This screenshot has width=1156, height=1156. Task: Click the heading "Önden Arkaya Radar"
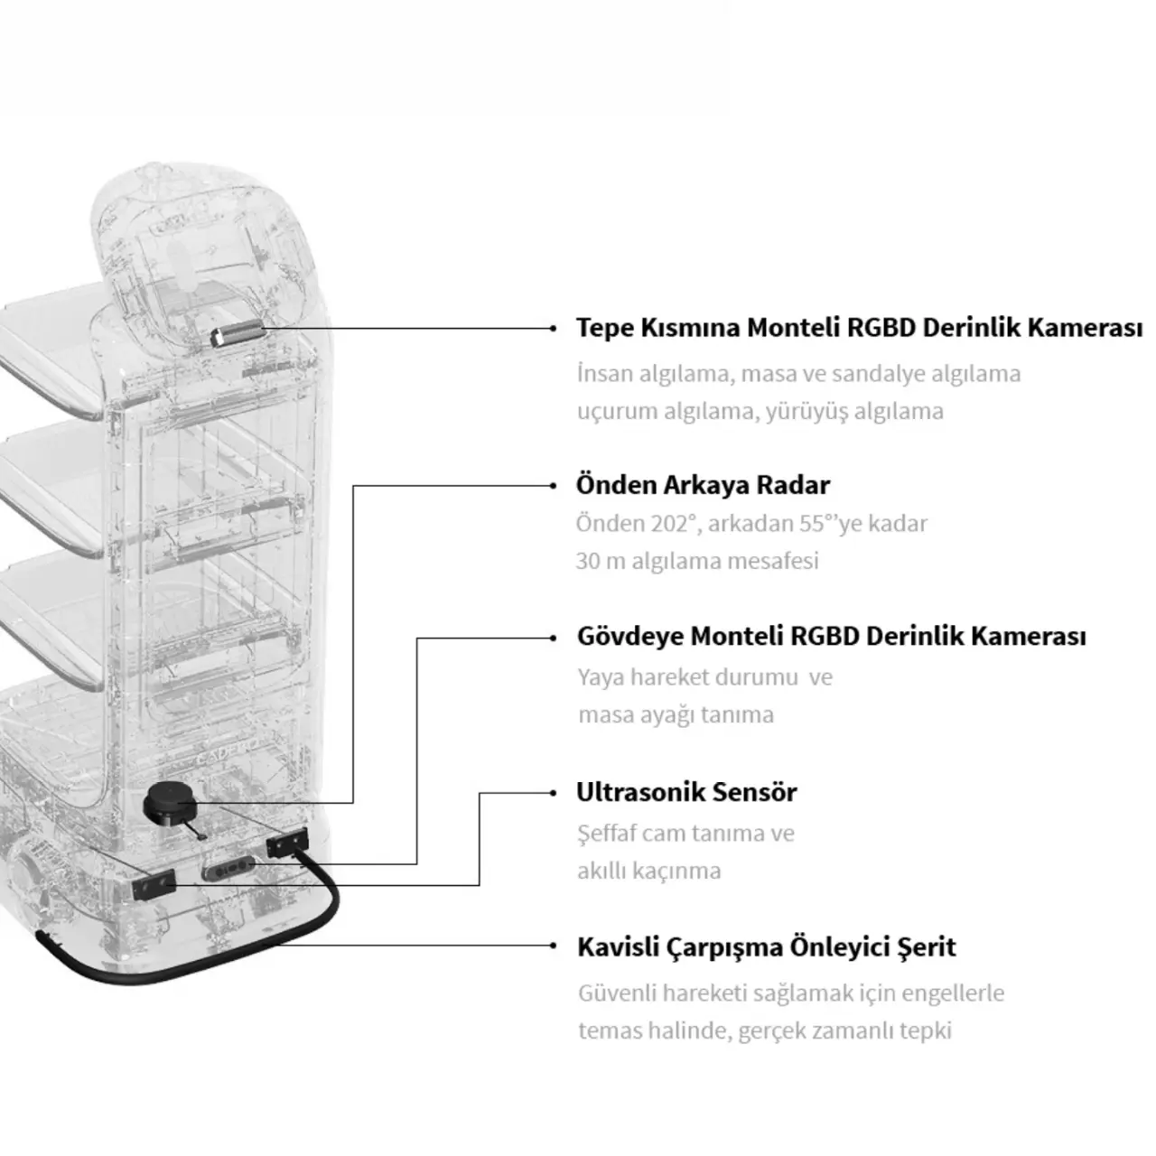click(x=703, y=485)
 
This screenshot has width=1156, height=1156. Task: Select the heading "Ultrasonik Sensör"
click(x=686, y=792)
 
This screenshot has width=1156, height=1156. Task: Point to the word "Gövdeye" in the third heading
click(x=629, y=636)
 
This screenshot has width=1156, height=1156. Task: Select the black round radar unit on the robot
click(x=170, y=805)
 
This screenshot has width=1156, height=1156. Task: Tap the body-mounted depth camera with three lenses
click(x=228, y=867)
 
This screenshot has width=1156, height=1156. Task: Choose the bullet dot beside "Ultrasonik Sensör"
click(x=553, y=793)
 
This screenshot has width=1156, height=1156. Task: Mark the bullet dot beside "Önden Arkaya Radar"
click(x=553, y=486)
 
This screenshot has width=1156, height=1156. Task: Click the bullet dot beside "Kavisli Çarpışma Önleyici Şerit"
click(x=553, y=946)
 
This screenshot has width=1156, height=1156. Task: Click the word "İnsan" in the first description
click(x=604, y=374)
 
